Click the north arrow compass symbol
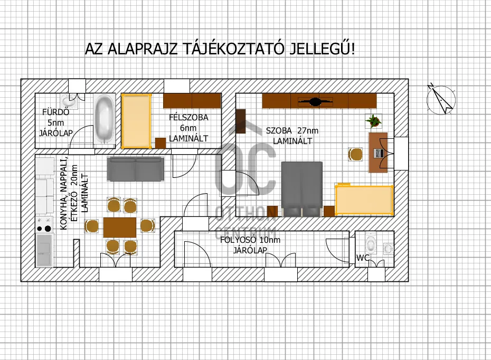[x=441, y=99]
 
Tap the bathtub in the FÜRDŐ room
[x=104, y=120]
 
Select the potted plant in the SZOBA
[x=373, y=121]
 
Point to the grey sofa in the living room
[x=135, y=168]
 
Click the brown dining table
[x=120, y=226]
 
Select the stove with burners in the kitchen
[x=44, y=224]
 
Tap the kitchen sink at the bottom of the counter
[x=45, y=250]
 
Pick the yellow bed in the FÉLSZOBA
[x=136, y=120]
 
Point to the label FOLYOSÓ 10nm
[x=250, y=240]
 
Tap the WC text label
[x=363, y=258]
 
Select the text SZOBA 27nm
[x=292, y=131]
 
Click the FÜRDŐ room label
[x=55, y=112]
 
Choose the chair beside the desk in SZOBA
[x=355, y=154]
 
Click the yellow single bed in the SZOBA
[x=364, y=200]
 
